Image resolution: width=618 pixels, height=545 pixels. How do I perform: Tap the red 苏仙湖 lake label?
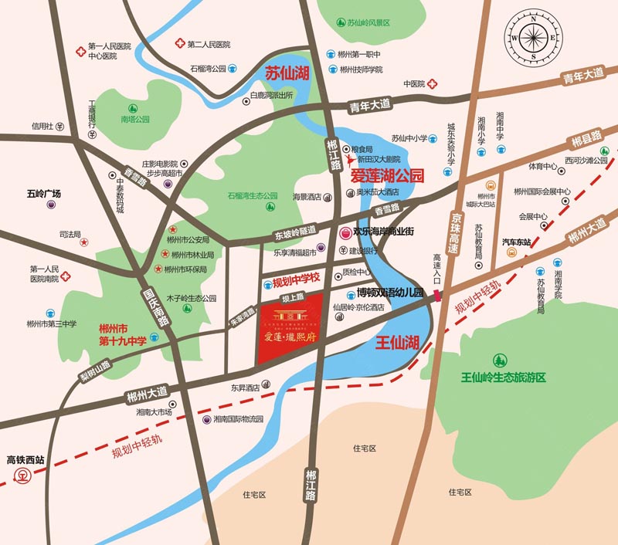click(287, 75)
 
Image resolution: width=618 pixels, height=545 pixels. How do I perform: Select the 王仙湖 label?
click(397, 340)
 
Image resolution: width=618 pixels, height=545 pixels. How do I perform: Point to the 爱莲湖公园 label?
click(388, 176)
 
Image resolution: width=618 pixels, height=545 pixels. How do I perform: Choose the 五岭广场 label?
click(43, 193)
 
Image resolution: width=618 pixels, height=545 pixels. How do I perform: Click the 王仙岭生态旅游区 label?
click(503, 377)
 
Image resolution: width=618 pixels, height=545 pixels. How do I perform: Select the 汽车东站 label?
click(517, 242)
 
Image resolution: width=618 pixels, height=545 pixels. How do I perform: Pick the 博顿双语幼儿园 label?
click(385, 293)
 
